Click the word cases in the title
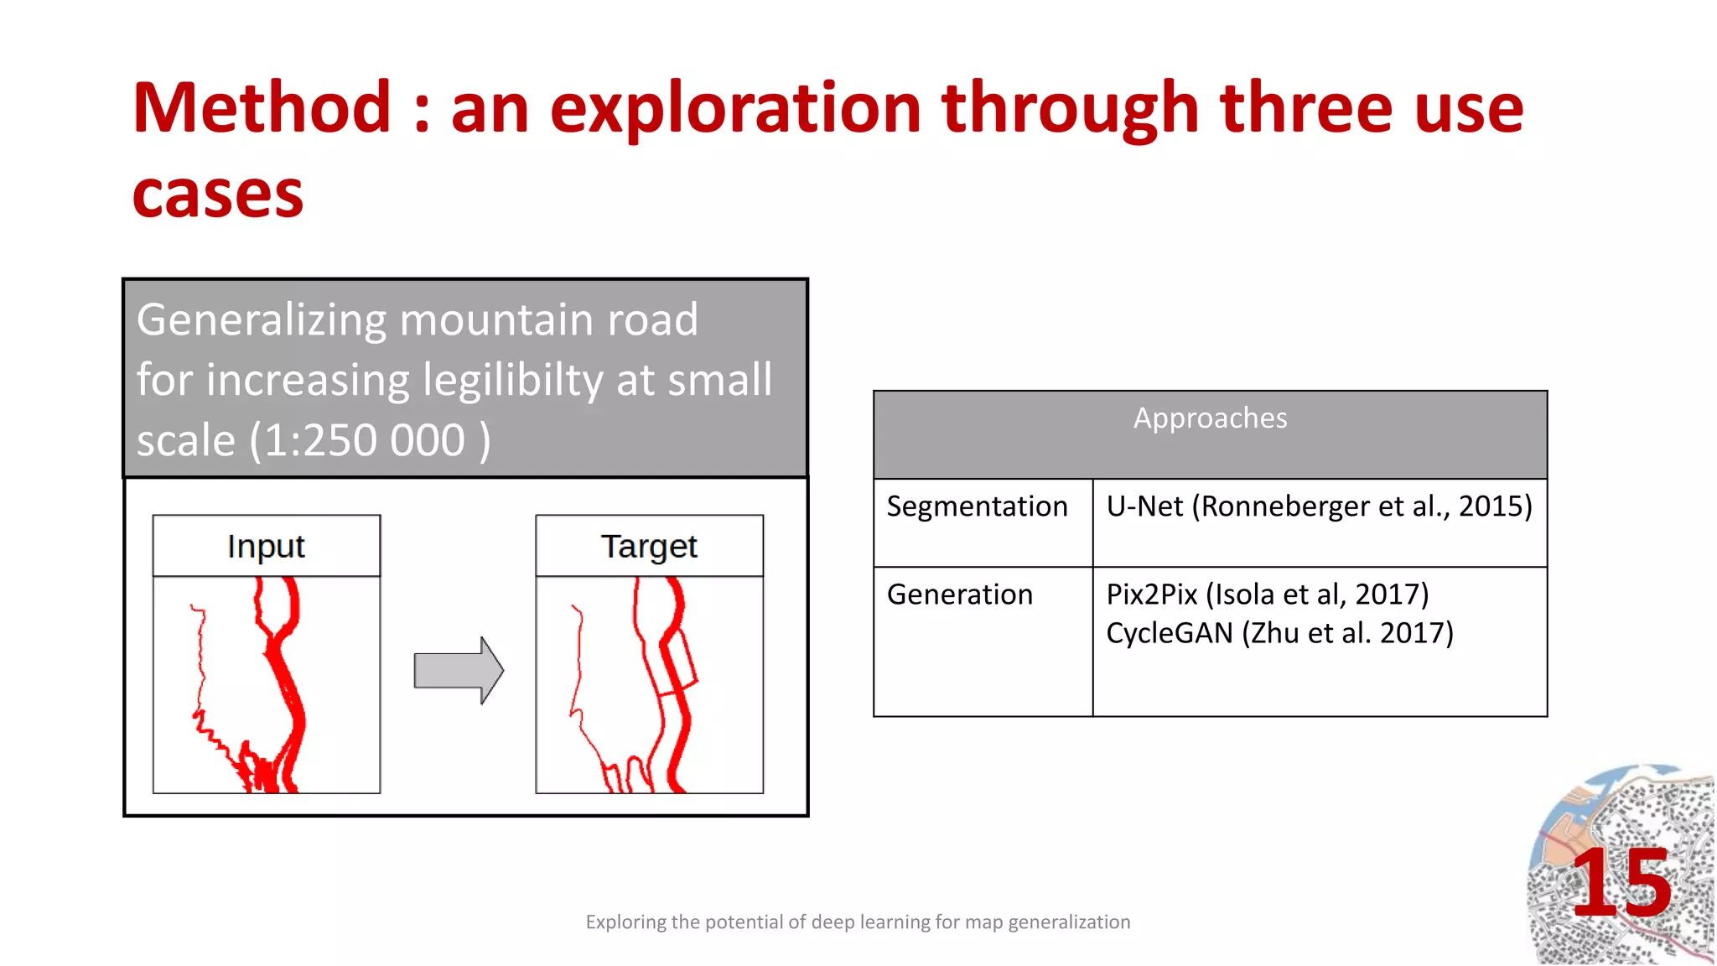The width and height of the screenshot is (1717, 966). pos(218,195)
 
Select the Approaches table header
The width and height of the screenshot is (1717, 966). pos(1210,418)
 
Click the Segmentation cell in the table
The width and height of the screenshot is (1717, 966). pos(977,506)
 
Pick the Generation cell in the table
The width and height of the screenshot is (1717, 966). pos(960,595)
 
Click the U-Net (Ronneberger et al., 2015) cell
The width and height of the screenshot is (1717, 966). pos(1319,506)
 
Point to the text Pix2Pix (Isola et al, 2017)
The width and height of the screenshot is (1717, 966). pos(1267,595)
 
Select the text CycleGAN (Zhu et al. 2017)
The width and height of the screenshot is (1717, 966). pos(1279,633)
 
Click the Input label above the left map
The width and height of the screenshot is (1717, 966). pos(266,546)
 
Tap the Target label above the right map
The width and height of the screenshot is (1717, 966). pos(649,546)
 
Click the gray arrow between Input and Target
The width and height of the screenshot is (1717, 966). pos(459,670)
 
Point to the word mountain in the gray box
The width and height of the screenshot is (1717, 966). pos(496,319)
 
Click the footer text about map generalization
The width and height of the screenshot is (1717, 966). pos(858,922)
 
